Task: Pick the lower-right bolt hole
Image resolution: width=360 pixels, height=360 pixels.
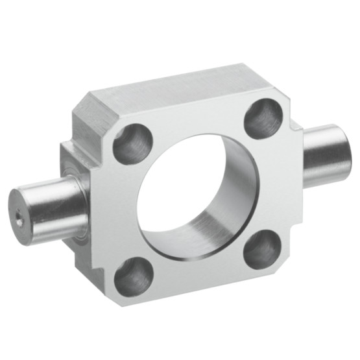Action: click(x=262, y=248)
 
